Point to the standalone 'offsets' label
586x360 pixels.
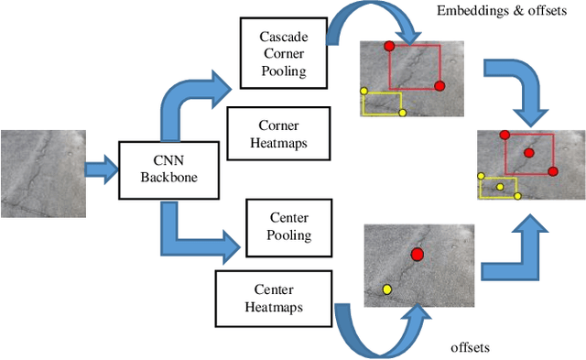[472, 347]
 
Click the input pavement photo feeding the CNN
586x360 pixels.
[42, 173]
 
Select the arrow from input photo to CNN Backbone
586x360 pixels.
[102, 169]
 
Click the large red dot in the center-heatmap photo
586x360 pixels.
[418, 255]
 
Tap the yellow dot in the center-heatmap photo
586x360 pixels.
[386, 289]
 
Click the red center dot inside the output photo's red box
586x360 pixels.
[528, 153]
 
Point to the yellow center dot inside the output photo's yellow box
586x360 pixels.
[500, 187]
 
